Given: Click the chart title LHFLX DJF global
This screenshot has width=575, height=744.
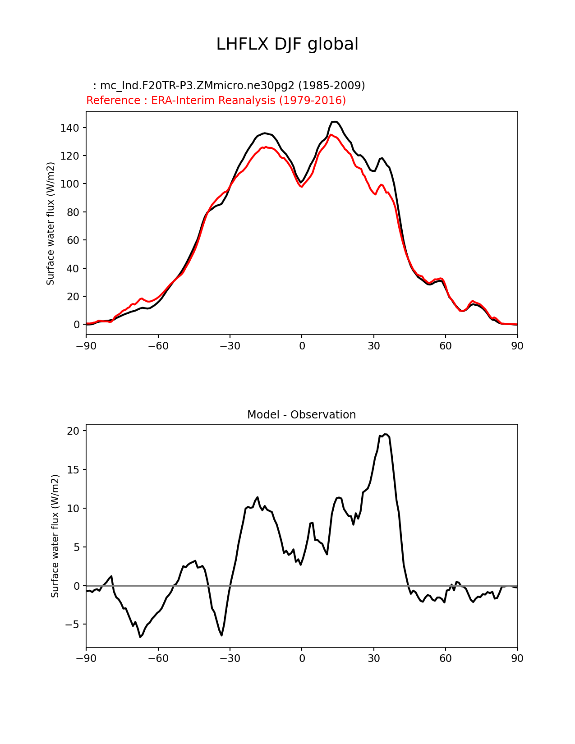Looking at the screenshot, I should (287, 44).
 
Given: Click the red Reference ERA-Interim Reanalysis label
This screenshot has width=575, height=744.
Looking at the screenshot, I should (216, 101).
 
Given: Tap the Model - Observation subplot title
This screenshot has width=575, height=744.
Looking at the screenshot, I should (301, 415).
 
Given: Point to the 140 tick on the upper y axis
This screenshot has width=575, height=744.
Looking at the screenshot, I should (69, 128).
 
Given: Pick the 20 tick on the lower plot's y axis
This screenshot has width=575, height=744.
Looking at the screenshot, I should (73, 431).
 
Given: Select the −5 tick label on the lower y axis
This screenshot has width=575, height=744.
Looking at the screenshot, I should (70, 625).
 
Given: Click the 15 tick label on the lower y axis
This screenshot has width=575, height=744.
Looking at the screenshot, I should (73, 470).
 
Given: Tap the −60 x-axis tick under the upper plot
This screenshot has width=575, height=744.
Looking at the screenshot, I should (158, 346).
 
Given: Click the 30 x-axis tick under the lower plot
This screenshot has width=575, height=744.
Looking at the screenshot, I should (373, 658).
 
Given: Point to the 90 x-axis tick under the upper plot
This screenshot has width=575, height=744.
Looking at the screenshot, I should (517, 346).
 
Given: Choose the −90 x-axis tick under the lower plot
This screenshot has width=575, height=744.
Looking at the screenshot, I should (86, 658).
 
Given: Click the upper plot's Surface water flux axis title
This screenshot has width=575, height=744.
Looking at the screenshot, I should (51, 223).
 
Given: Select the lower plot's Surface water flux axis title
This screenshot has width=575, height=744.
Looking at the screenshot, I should (55, 536).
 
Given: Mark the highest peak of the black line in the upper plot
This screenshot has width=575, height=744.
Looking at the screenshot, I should (334, 122).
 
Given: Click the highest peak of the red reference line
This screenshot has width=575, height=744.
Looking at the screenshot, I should (331, 135).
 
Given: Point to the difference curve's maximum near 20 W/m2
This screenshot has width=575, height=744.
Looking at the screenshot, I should (385, 435).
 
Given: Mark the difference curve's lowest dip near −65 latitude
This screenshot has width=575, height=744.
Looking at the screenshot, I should (140, 637).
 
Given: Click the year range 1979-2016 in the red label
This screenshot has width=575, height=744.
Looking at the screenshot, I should (312, 101).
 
